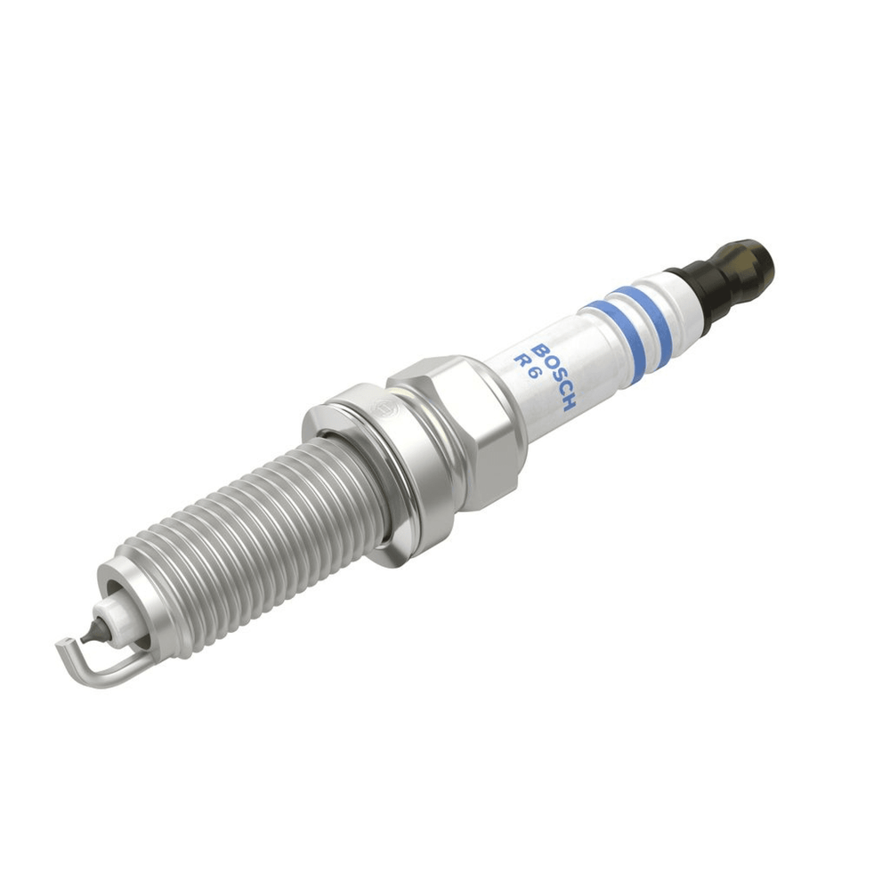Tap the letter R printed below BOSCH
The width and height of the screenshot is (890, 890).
click(521, 360)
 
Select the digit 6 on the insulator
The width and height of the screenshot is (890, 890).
click(531, 374)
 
